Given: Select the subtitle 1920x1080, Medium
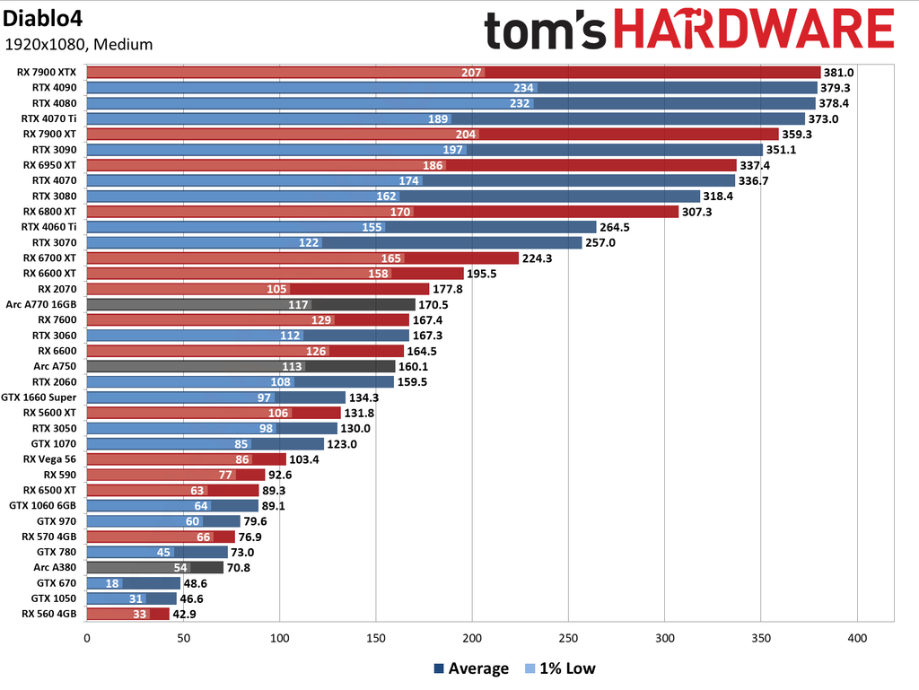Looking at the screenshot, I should [x=78, y=44].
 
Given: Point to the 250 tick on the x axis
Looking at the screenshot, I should [x=568, y=638].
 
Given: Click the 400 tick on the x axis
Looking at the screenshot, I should [x=857, y=638].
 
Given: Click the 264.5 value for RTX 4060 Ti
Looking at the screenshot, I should [x=615, y=227].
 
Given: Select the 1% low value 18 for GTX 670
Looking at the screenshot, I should [x=113, y=583].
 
